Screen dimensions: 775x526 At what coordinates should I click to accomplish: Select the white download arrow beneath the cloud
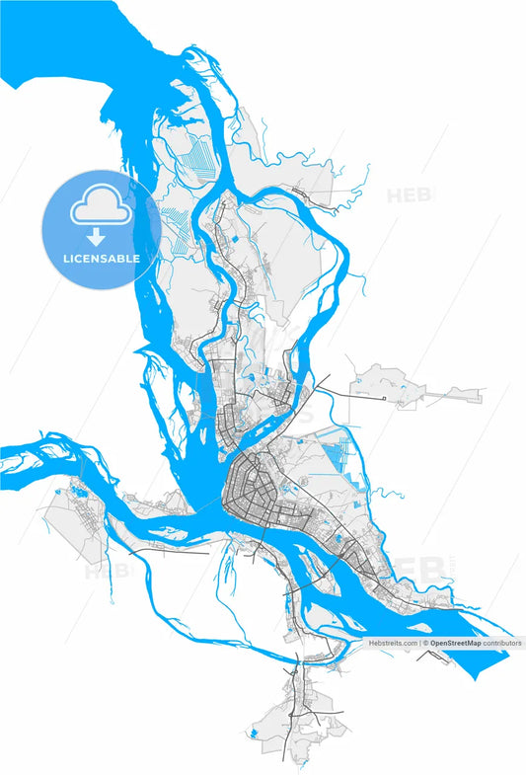tap(96, 237)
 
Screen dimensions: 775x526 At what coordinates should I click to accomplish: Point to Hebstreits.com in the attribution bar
tap(393, 643)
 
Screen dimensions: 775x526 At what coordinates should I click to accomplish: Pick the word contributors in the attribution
tap(502, 643)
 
